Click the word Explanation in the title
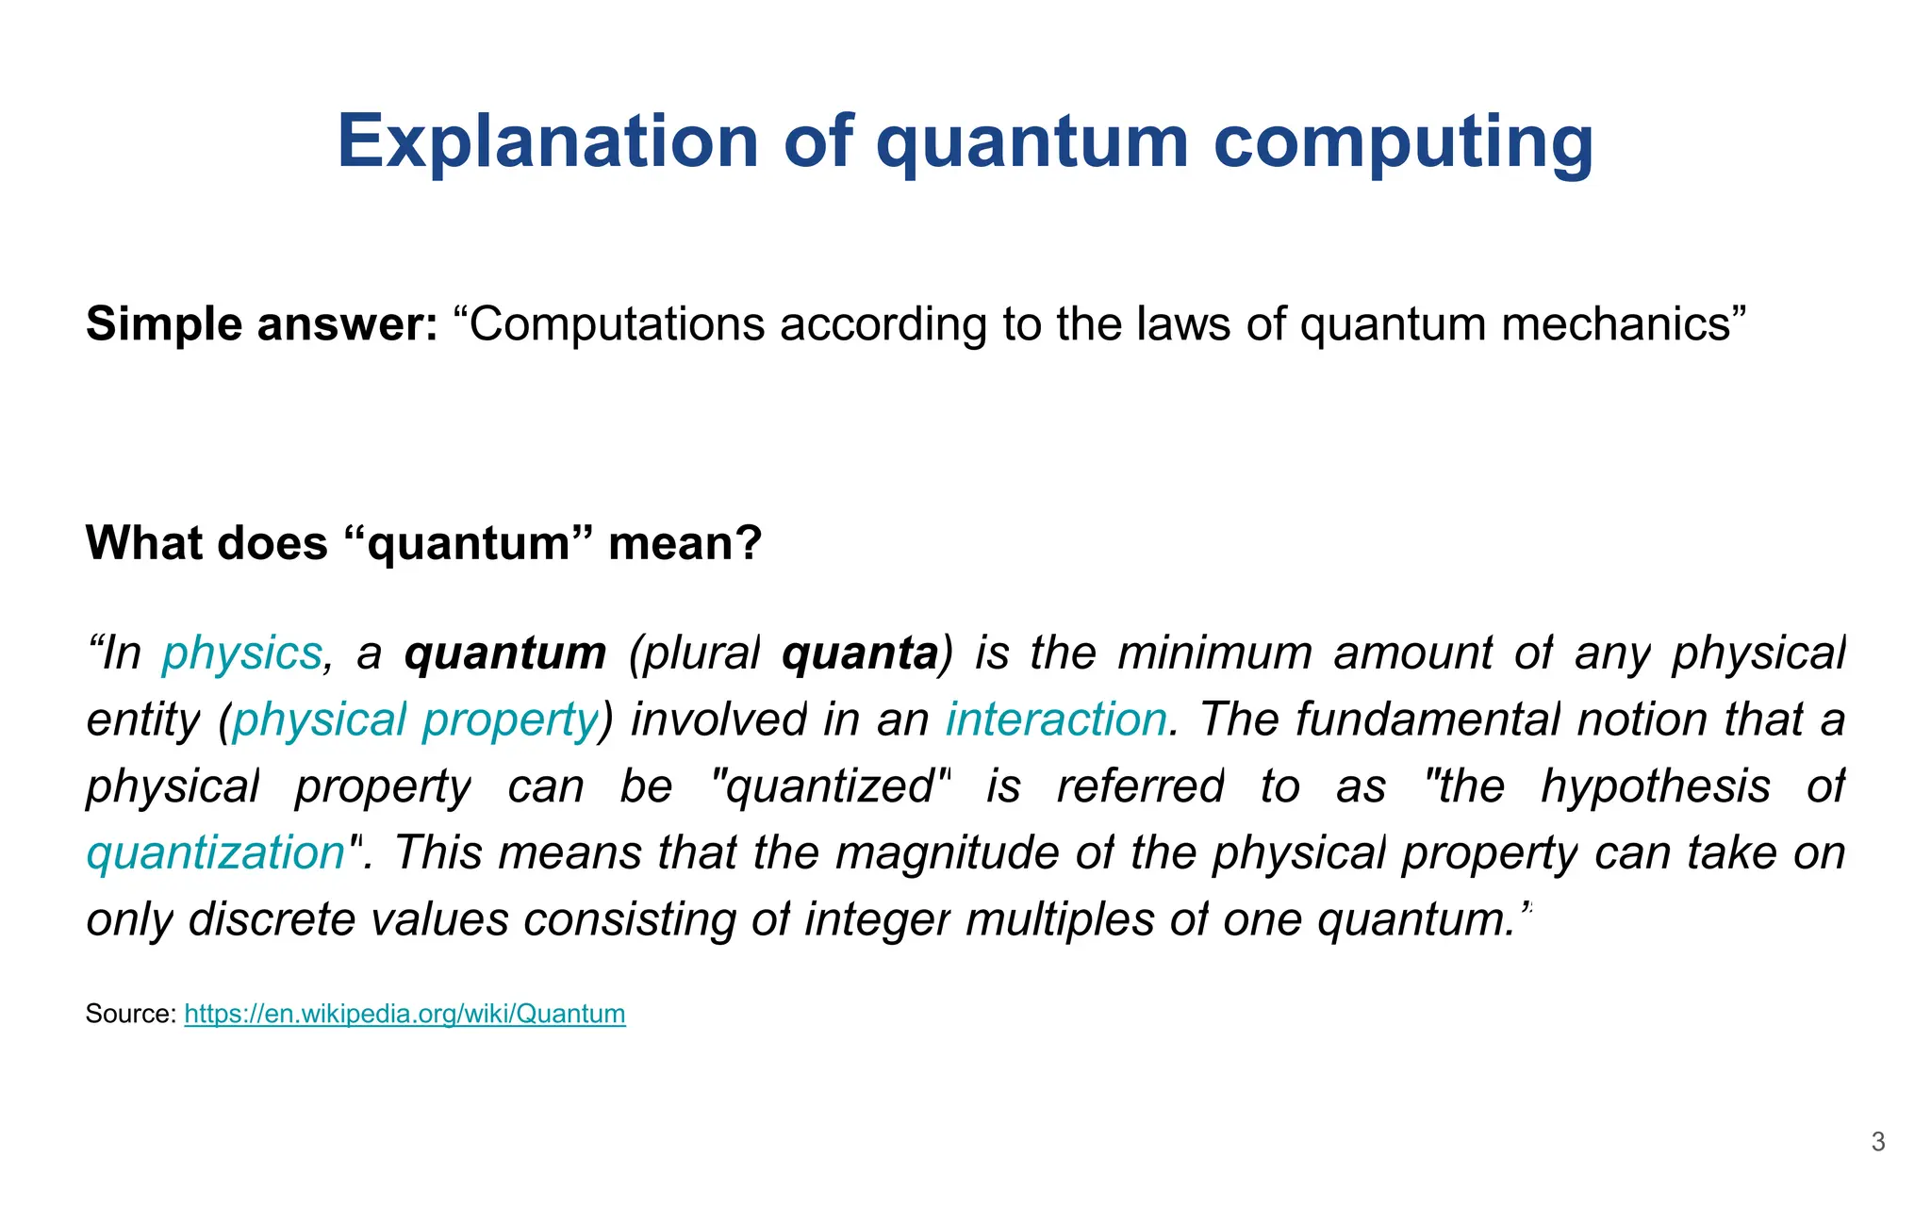click(548, 141)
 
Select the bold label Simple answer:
click(261, 324)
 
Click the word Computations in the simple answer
click(617, 324)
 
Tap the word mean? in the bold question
click(685, 543)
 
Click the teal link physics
click(242, 653)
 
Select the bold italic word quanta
click(860, 653)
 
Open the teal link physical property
click(415, 720)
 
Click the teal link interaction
click(1057, 720)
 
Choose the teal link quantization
click(216, 853)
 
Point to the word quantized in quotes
click(830, 787)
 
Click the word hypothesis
click(1656, 787)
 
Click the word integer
click(877, 920)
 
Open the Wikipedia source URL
click(404, 1014)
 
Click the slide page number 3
click(1878, 1142)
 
